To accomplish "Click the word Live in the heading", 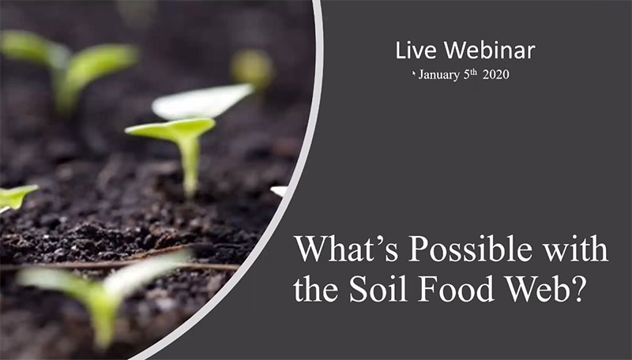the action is (x=416, y=50).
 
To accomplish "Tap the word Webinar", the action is (x=490, y=50).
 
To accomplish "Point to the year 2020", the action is (x=496, y=74).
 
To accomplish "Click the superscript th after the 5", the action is (x=473, y=72).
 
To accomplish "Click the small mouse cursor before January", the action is (x=414, y=73).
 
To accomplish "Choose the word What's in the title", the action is (x=346, y=249).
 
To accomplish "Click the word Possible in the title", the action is (x=470, y=249).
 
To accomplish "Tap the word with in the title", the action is (x=576, y=249).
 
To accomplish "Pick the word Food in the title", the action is (x=457, y=288).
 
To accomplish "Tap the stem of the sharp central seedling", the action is (x=189, y=166).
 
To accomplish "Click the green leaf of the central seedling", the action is (x=171, y=127).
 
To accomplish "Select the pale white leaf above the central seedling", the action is (x=201, y=101).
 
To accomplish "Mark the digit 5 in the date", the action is (x=466, y=74).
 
